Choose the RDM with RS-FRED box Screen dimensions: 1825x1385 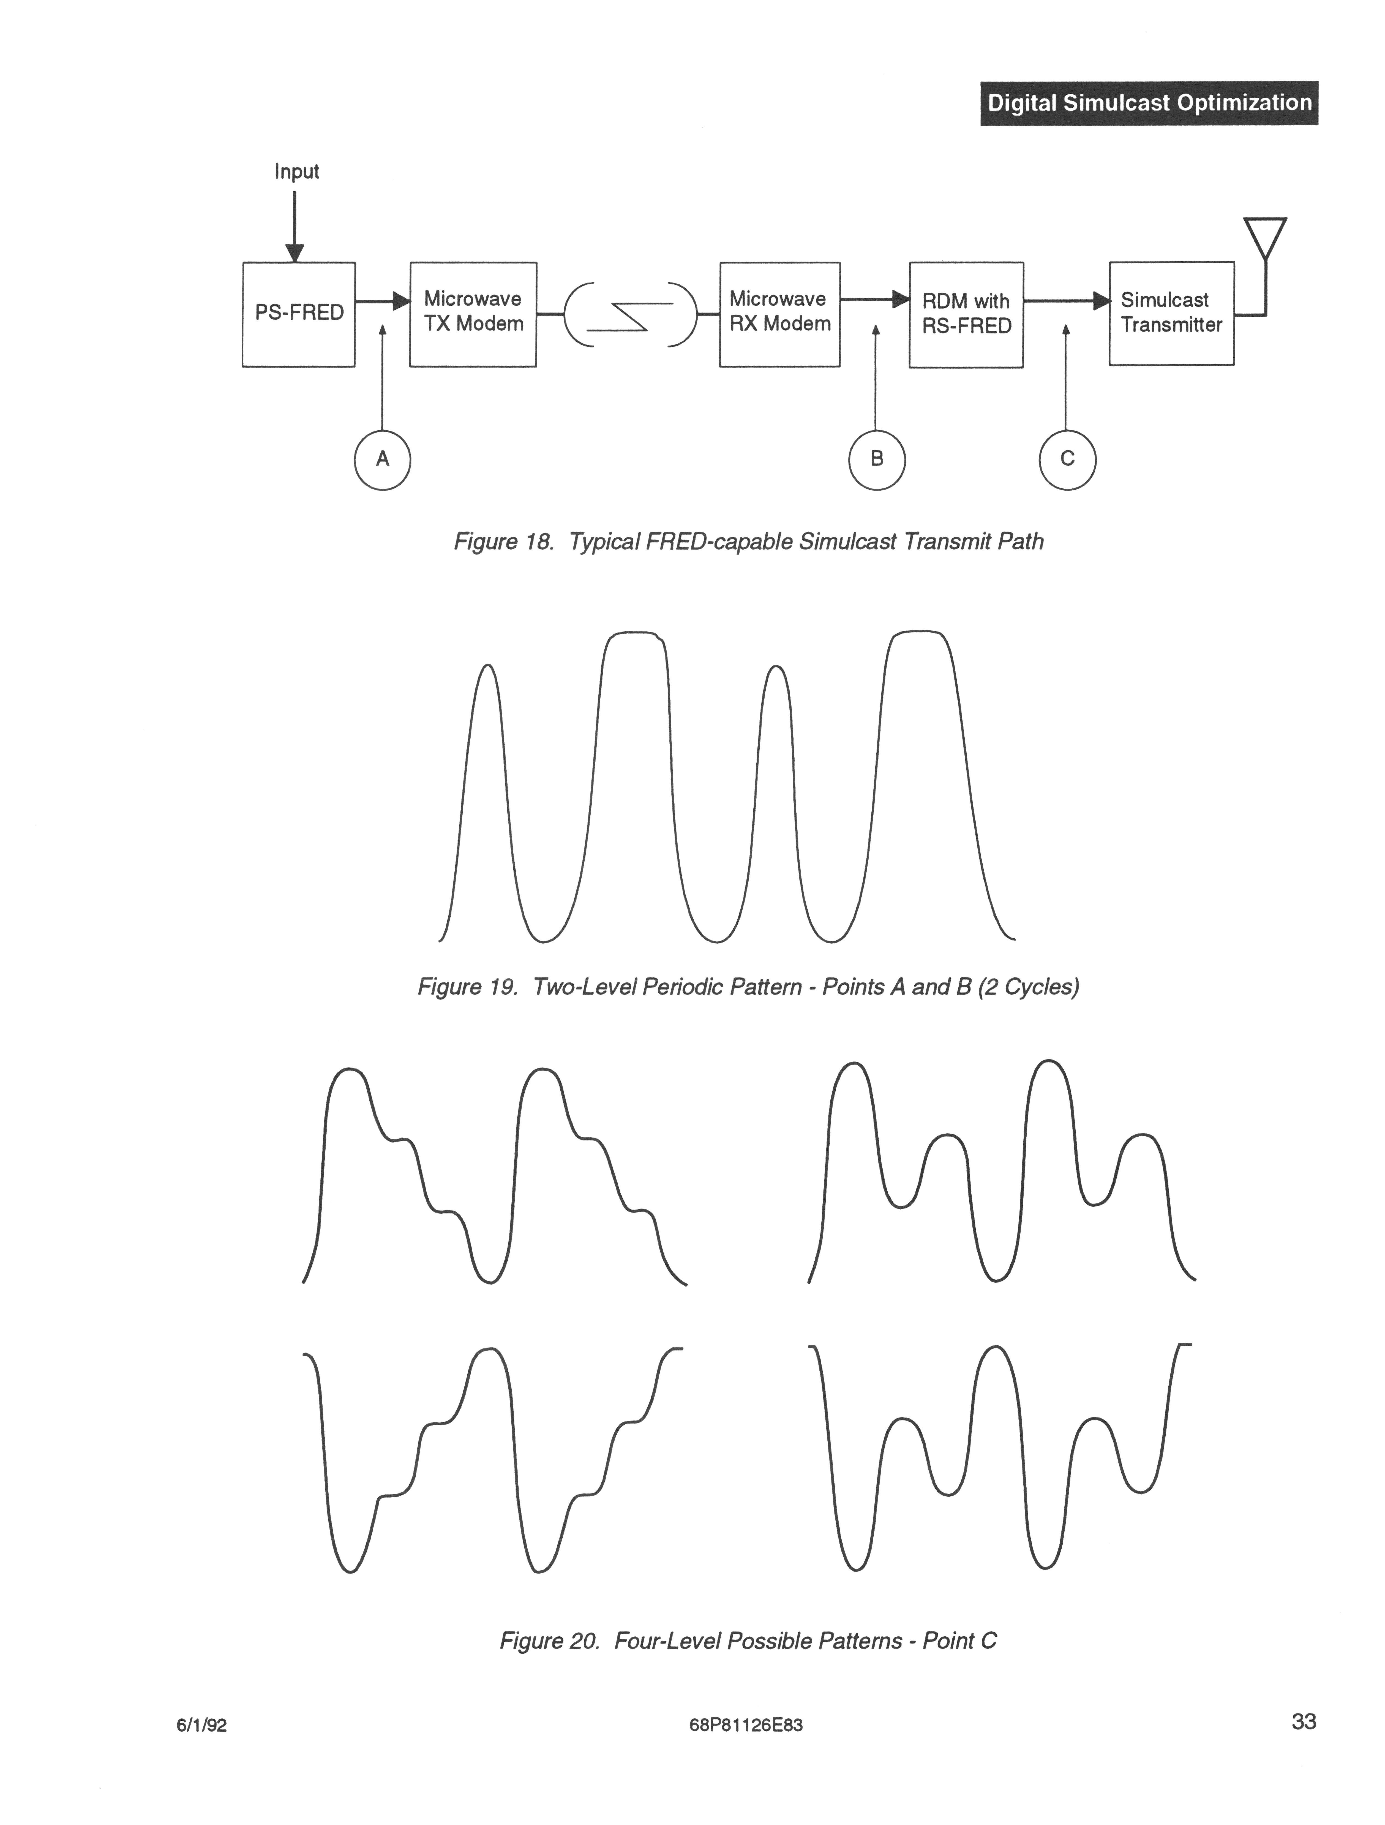coord(966,314)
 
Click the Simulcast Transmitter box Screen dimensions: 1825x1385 coord(1171,314)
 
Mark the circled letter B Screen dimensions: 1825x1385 coord(877,460)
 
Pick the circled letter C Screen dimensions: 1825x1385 coord(1067,460)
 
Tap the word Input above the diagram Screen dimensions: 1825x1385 coord(296,172)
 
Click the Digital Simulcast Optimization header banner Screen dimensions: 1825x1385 coord(1149,103)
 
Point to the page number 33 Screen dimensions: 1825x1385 coord(1303,1722)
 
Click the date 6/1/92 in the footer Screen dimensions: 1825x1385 coord(201,1725)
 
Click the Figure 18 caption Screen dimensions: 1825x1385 coord(748,542)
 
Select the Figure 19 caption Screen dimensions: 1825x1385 coord(748,987)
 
